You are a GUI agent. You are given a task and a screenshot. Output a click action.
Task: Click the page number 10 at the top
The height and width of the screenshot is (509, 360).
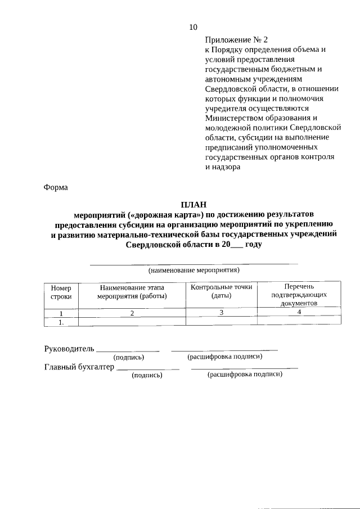[193, 27]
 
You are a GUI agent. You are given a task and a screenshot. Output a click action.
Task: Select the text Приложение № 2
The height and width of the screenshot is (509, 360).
[237, 39]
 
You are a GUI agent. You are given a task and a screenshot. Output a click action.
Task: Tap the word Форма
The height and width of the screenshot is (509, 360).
[56, 187]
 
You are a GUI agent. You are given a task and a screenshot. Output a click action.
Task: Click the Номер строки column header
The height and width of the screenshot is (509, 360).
[61, 291]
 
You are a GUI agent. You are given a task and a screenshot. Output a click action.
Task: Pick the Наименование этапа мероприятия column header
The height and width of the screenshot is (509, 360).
[132, 291]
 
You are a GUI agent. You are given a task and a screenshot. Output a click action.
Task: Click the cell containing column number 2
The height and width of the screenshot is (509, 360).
[132, 313]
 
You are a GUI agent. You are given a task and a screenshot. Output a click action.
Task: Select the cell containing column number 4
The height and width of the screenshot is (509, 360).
[299, 312]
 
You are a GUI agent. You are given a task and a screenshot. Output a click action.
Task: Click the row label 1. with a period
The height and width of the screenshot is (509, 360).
[61, 322]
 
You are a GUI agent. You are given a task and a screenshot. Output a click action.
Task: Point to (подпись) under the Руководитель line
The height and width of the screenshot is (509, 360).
[129, 357]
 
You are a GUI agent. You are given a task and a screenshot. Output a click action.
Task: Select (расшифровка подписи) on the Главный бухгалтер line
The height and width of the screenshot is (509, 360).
[245, 375]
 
